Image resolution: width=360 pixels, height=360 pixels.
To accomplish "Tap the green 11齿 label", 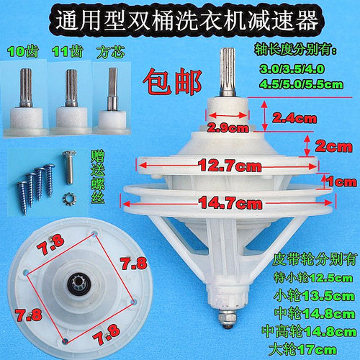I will point(66,52).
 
